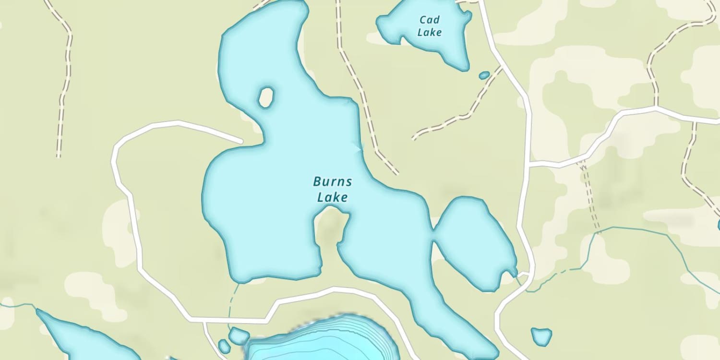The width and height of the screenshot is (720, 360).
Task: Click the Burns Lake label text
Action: (x=332, y=189)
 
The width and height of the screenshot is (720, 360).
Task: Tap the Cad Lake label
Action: (x=429, y=26)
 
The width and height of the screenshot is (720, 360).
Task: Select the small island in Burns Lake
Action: (x=266, y=97)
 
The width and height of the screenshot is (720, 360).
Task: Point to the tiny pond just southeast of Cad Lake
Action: (x=484, y=75)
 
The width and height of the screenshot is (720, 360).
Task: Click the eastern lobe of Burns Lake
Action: (x=473, y=242)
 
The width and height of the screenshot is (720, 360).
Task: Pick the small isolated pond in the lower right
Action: (x=541, y=336)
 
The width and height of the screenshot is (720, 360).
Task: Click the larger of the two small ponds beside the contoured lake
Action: (x=239, y=336)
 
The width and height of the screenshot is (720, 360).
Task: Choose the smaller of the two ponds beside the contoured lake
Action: (x=224, y=346)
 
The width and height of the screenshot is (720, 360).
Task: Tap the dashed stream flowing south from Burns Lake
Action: (x=233, y=300)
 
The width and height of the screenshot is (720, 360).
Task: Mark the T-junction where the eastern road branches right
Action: (x=529, y=165)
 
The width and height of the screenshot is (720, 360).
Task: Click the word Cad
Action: (x=429, y=20)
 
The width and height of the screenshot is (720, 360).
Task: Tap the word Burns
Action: (x=332, y=182)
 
